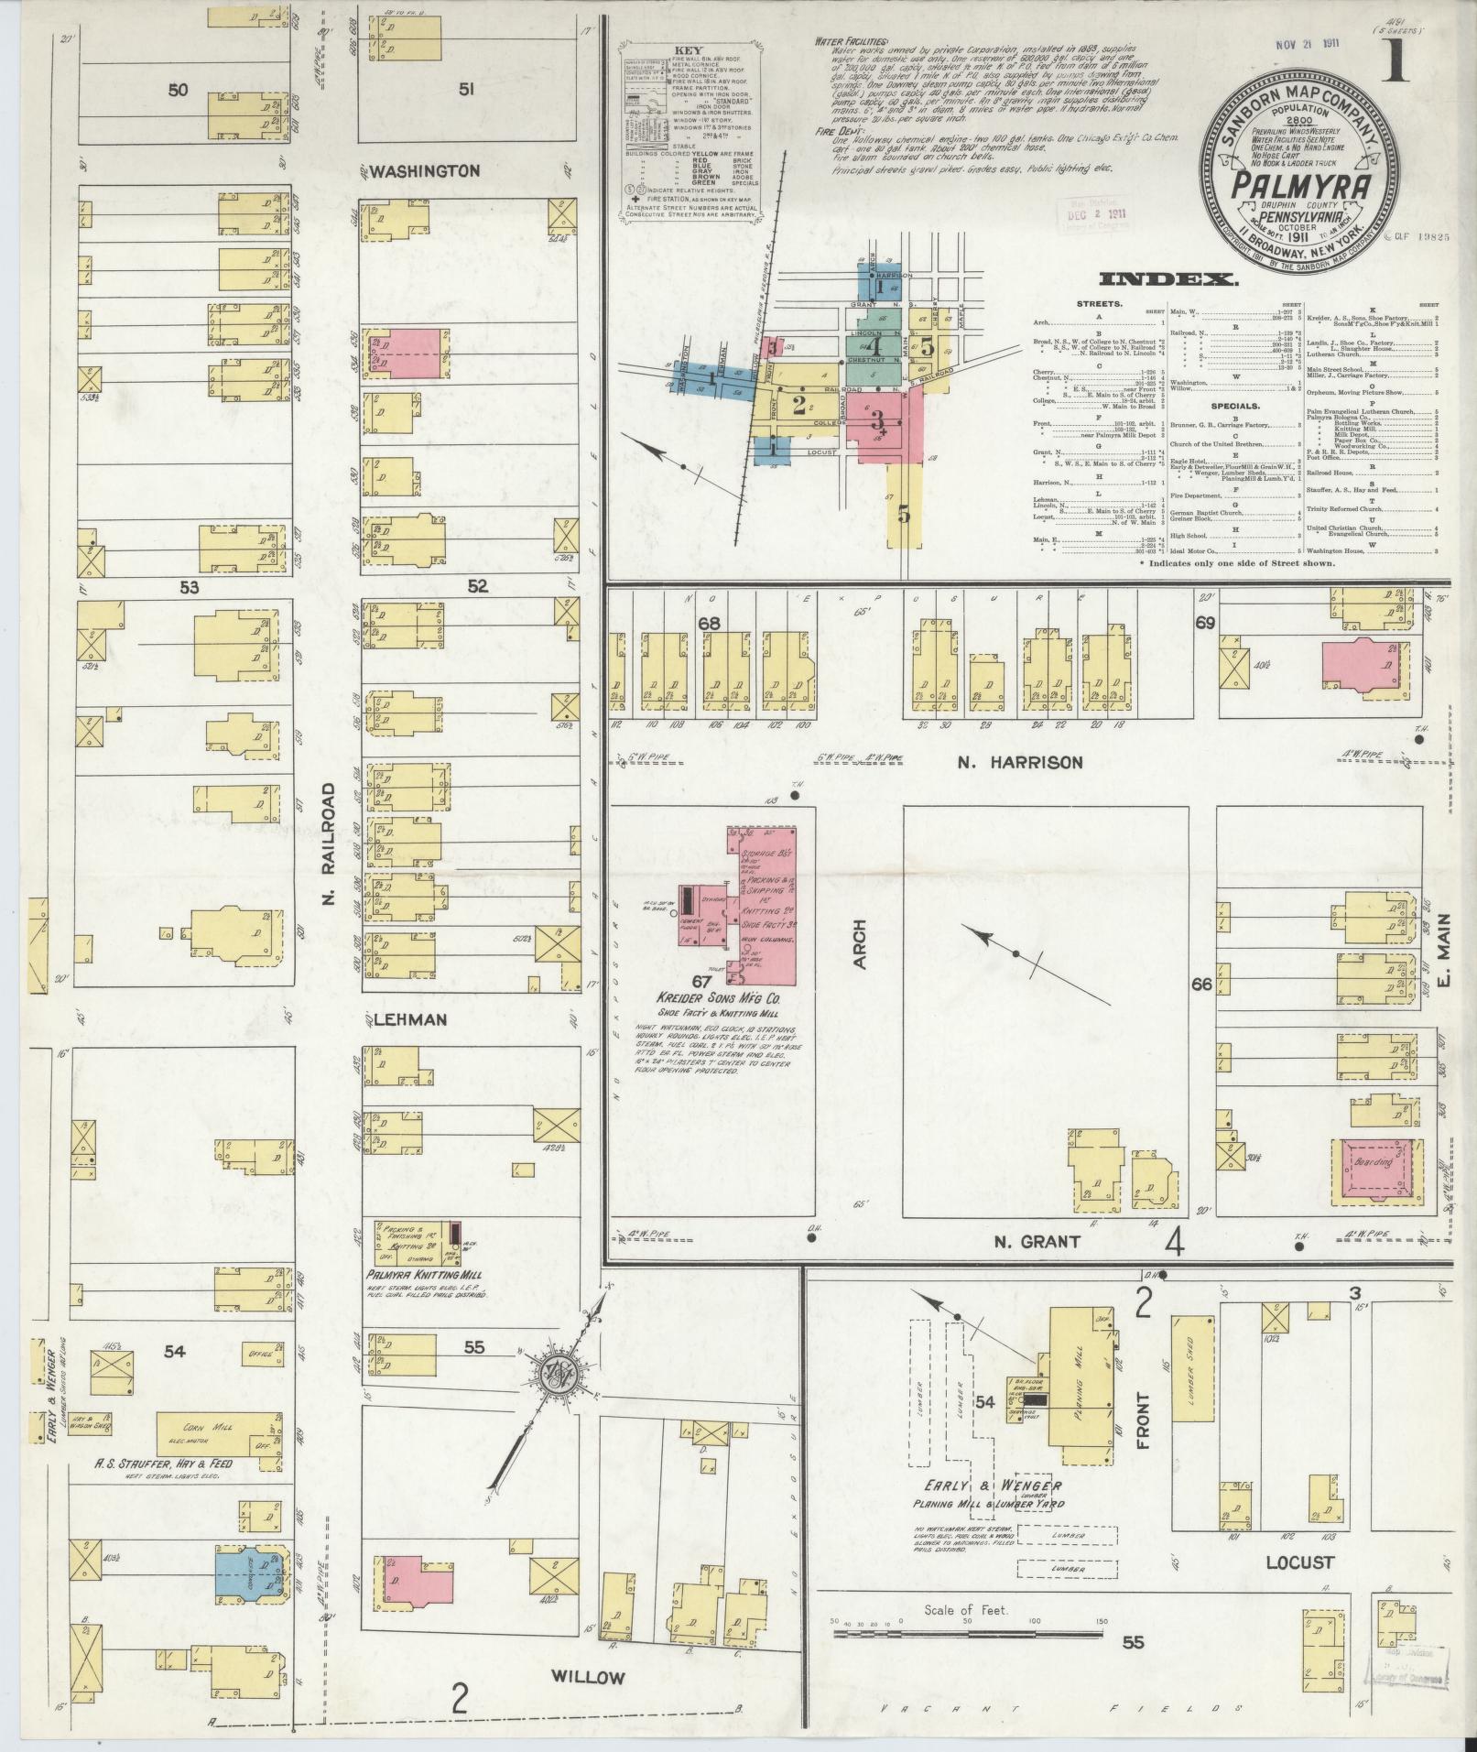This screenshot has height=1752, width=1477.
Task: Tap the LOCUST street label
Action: [x=1298, y=1562]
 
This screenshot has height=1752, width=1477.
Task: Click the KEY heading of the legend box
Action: [x=687, y=51]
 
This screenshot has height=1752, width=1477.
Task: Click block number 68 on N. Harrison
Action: [x=710, y=623]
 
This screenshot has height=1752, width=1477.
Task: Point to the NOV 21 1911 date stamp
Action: [x=1333, y=45]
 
